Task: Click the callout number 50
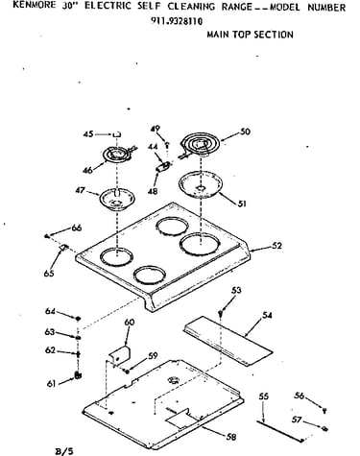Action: pyautogui.click(x=245, y=132)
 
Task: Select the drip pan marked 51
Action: pyautogui.click(x=201, y=184)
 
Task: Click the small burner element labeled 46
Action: pyautogui.click(x=117, y=155)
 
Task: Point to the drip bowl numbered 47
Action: pyautogui.click(x=116, y=199)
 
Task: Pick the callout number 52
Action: pyautogui.click(x=277, y=246)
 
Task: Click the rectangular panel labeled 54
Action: pyautogui.click(x=228, y=340)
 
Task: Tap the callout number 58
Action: pyautogui.click(x=230, y=437)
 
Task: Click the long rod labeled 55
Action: pyautogui.click(x=279, y=431)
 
